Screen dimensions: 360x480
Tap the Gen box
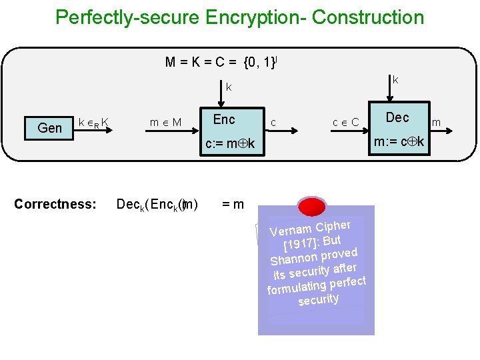[x=50, y=127]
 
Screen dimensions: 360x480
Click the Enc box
[x=224, y=120]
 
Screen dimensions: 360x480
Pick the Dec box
[x=397, y=117]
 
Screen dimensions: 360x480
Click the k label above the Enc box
[x=229, y=87]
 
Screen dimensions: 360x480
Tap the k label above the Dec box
[x=395, y=80]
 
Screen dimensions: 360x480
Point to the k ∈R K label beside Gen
[x=94, y=122]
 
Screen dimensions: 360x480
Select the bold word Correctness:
[x=55, y=204]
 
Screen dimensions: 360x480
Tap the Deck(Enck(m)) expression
[x=157, y=205]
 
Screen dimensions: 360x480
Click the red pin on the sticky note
[x=311, y=207]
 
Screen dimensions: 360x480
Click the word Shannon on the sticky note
[x=293, y=260]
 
